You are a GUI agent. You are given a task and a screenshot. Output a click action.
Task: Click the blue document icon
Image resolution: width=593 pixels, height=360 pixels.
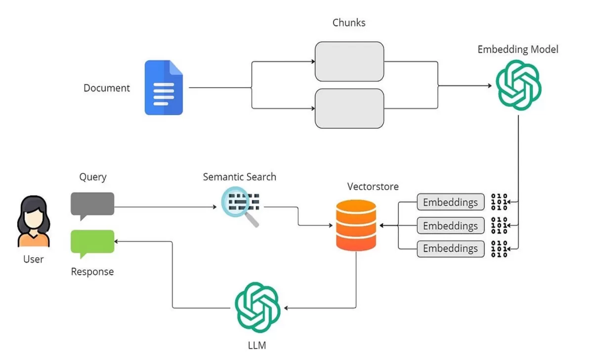click(164, 88)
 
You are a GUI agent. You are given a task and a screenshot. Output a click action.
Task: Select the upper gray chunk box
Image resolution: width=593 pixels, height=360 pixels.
click(349, 61)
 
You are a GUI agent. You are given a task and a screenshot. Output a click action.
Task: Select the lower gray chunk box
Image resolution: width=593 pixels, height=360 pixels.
click(349, 109)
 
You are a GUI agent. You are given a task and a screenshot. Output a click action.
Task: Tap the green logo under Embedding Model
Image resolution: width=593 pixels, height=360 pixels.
click(518, 85)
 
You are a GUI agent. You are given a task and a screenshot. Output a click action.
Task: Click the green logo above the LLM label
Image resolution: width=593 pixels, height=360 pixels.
click(257, 307)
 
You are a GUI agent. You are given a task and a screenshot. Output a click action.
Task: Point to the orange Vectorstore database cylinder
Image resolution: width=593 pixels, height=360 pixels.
click(356, 225)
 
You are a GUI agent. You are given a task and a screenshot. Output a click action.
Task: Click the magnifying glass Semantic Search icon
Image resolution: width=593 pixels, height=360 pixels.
click(240, 206)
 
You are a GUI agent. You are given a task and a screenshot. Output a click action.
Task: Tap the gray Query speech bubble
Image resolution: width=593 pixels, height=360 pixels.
click(92, 204)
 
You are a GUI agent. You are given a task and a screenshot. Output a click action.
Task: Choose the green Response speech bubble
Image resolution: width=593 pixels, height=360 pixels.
click(92, 242)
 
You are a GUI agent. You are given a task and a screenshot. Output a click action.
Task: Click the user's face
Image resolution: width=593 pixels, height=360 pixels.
click(34, 217)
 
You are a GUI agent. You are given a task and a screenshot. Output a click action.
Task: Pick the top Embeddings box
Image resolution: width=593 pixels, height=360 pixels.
click(450, 202)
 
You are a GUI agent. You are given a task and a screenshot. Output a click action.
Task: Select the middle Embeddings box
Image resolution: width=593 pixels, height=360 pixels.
click(450, 226)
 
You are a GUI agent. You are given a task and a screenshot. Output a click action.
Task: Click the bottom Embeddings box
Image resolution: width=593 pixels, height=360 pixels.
click(450, 248)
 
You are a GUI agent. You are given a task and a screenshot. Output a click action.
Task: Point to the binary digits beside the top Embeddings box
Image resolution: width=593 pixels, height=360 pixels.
click(499, 202)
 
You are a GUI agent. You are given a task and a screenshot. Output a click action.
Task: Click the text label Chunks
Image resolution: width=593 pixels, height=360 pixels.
click(349, 23)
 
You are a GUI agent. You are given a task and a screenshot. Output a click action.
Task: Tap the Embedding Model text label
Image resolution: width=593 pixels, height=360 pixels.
click(518, 49)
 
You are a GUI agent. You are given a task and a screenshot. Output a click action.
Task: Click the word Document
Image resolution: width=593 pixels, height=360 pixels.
click(107, 88)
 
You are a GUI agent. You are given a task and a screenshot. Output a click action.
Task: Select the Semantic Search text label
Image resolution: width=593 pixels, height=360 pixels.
click(240, 177)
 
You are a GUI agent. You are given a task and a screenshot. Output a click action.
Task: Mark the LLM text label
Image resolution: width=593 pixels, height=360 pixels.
click(257, 345)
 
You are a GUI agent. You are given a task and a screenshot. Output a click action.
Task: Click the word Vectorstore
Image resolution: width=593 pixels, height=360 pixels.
click(373, 187)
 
